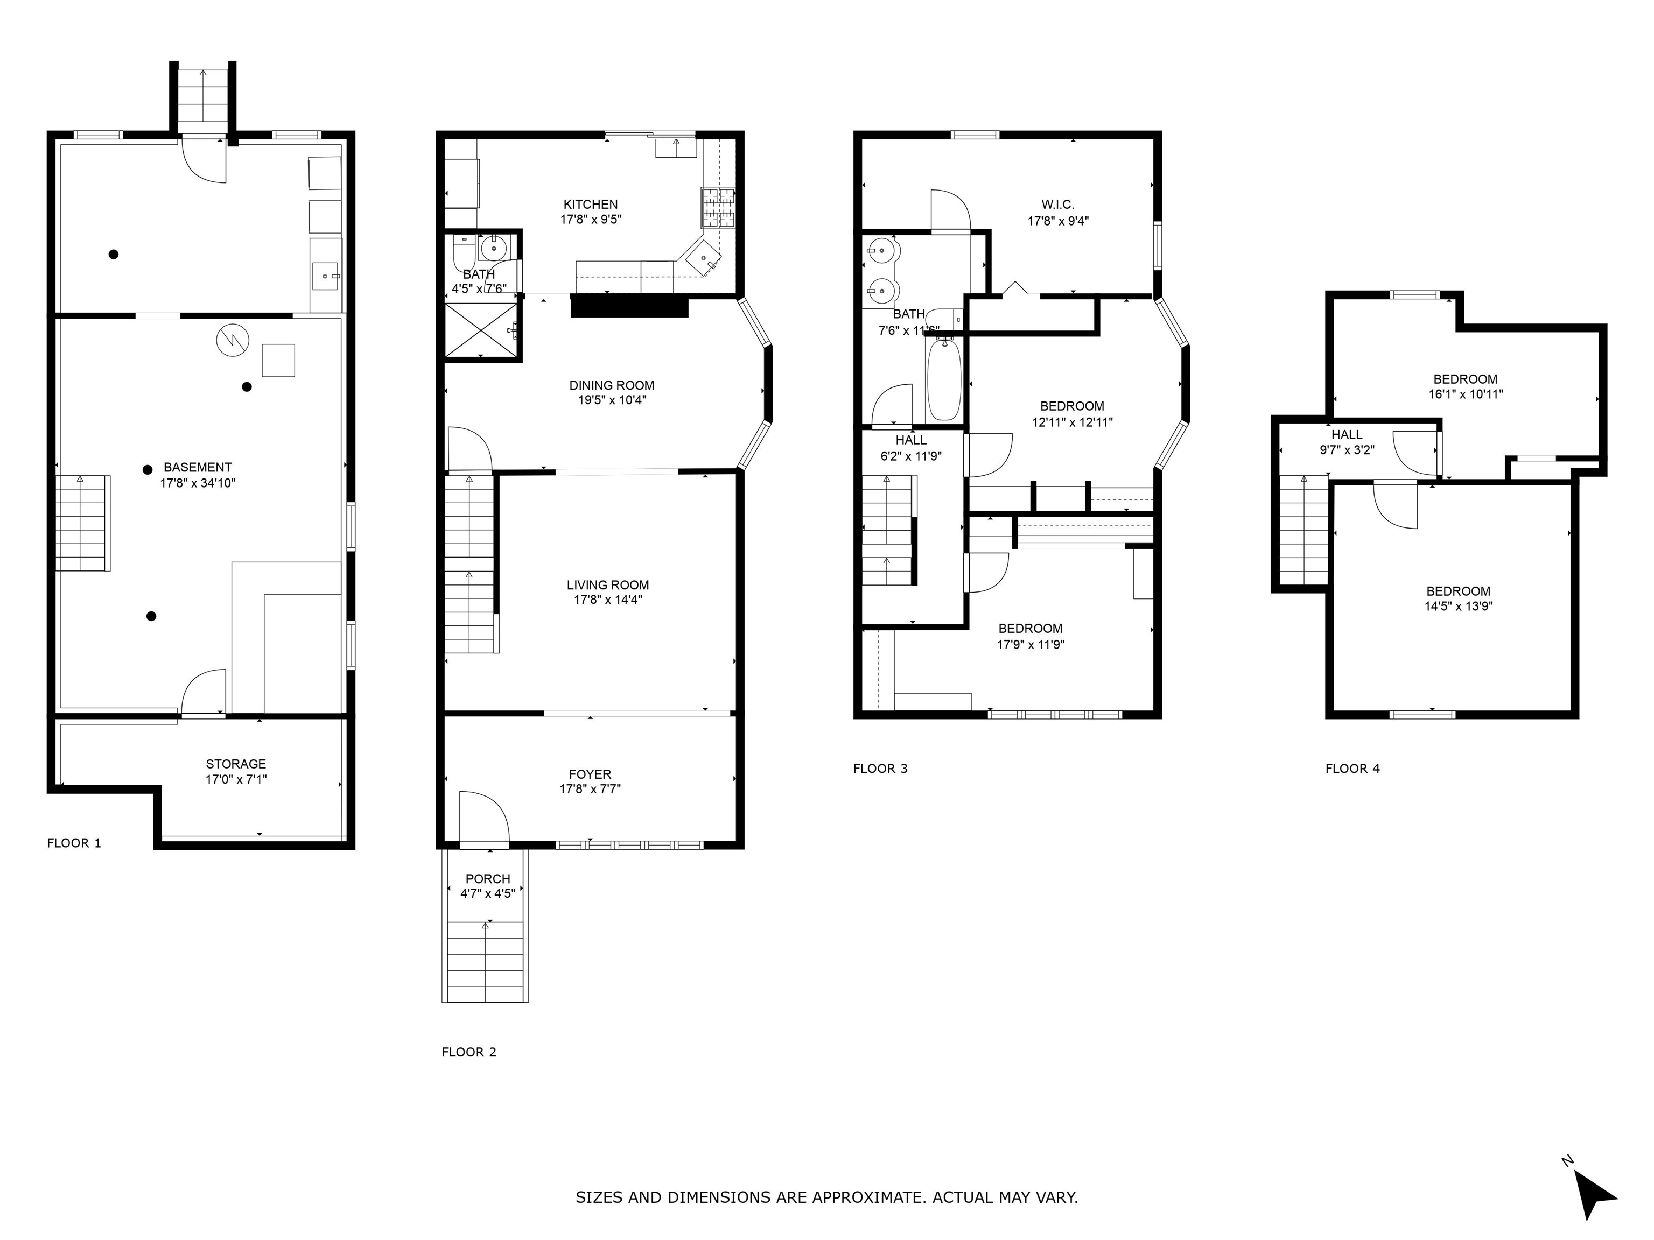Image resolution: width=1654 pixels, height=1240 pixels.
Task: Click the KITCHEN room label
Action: point(590,204)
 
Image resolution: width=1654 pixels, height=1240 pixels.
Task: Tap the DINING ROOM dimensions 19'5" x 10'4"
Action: point(611,400)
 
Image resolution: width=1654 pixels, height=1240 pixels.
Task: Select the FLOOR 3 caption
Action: point(880,769)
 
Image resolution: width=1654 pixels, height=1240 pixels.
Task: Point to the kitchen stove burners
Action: point(717,208)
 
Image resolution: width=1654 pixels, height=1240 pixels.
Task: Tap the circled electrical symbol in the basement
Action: point(232,340)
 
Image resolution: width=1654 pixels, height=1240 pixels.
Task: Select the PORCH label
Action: point(487,879)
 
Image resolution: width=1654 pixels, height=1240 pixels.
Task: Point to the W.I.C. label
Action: point(1057,204)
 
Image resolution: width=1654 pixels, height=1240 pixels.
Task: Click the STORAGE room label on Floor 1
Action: point(235,764)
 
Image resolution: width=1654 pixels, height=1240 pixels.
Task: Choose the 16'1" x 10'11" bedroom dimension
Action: point(1465,394)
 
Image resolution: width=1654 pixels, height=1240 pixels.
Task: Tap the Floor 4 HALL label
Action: point(1346,434)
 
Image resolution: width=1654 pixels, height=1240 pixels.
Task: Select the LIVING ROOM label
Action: point(607,585)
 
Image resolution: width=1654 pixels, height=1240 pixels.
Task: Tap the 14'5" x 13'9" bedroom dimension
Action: point(1457,606)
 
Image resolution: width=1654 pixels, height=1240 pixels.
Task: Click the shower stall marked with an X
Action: point(481,330)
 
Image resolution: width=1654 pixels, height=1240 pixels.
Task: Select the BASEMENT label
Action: point(198,467)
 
